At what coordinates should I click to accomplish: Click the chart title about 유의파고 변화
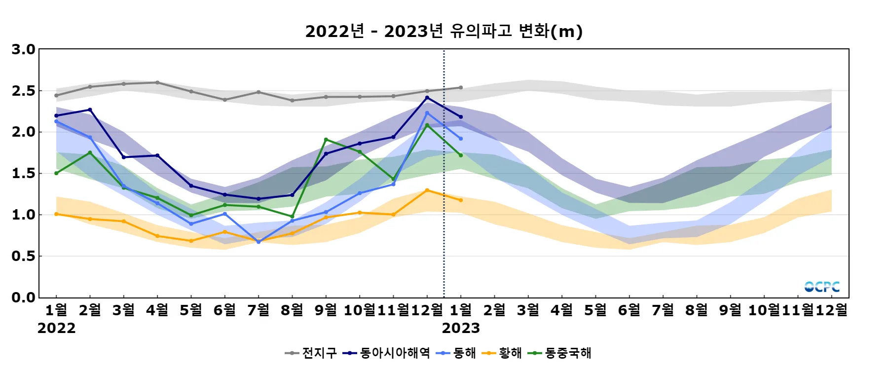point(444,31)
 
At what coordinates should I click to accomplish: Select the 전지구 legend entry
point(311,353)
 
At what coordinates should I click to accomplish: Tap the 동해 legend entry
point(456,353)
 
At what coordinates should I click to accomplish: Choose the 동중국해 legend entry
point(559,353)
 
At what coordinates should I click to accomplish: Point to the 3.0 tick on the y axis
point(24,49)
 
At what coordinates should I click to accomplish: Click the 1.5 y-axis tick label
point(24,173)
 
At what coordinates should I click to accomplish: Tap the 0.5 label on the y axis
point(24,256)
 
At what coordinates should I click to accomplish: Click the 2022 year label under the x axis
point(56,328)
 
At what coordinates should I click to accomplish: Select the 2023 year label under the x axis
point(461,328)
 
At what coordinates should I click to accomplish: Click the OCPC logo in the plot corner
point(822,287)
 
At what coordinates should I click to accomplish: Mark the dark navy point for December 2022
point(427,98)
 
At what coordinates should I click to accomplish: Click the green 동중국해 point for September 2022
point(326,140)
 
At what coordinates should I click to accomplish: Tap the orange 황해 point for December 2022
point(427,190)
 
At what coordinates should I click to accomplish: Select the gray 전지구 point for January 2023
point(461,88)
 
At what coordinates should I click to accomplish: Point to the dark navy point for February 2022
point(90,110)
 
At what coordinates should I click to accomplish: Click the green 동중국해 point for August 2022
point(292,217)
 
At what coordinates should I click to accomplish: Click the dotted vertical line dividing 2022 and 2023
point(444,197)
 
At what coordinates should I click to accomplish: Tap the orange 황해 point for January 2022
point(56,214)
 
